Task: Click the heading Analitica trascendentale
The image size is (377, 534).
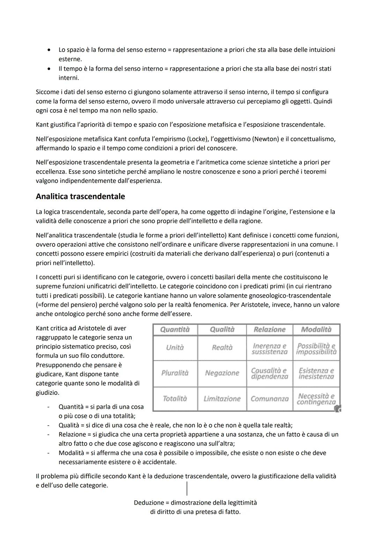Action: click(80, 197)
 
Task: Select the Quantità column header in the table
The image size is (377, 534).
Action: click(175, 329)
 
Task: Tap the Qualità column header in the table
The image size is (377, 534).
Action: click(222, 329)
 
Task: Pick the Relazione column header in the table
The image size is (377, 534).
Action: click(269, 329)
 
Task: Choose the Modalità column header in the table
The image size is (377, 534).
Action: click(316, 329)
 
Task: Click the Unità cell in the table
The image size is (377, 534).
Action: click(175, 348)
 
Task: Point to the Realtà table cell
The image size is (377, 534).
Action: click(222, 348)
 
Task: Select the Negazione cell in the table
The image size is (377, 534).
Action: click(222, 373)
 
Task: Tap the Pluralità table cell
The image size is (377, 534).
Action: click(175, 373)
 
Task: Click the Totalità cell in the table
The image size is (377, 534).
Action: click(175, 399)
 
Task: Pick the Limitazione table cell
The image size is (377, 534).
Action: click(222, 399)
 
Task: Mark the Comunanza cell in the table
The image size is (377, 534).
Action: click(269, 399)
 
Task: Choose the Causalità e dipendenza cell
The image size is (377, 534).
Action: click(269, 373)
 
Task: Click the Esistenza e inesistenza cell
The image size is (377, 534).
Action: click(316, 373)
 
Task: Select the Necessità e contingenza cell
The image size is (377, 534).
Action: click(316, 399)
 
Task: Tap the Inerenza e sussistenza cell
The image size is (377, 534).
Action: click(269, 349)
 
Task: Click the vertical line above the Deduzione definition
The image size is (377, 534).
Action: click(187, 488)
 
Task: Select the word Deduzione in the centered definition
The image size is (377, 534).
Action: click(149, 503)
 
